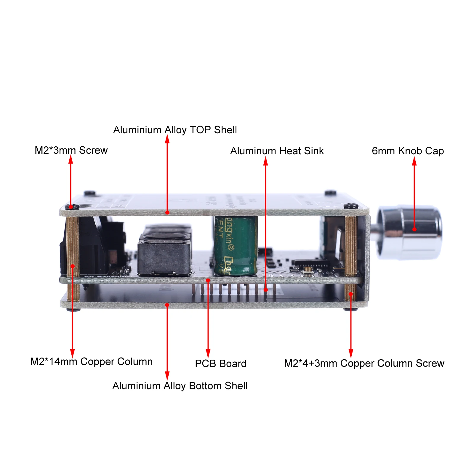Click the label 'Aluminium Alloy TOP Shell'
click(x=175, y=130)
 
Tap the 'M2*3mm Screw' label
click(x=71, y=150)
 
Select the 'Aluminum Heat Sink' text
click(x=277, y=151)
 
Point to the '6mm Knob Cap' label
click(x=408, y=151)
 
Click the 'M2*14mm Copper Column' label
click(x=92, y=362)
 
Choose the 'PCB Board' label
click(x=221, y=364)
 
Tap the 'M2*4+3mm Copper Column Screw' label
click(x=364, y=363)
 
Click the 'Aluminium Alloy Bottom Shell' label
click(x=180, y=386)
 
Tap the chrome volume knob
click(x=410, y=233)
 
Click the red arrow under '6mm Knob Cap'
click(x=414, y=193)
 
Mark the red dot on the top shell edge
click(x=167, y=212)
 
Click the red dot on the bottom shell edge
click(x=167, y=305)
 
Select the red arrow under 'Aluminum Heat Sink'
click(x=265, y=222)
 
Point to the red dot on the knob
click(x=414, y=229)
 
